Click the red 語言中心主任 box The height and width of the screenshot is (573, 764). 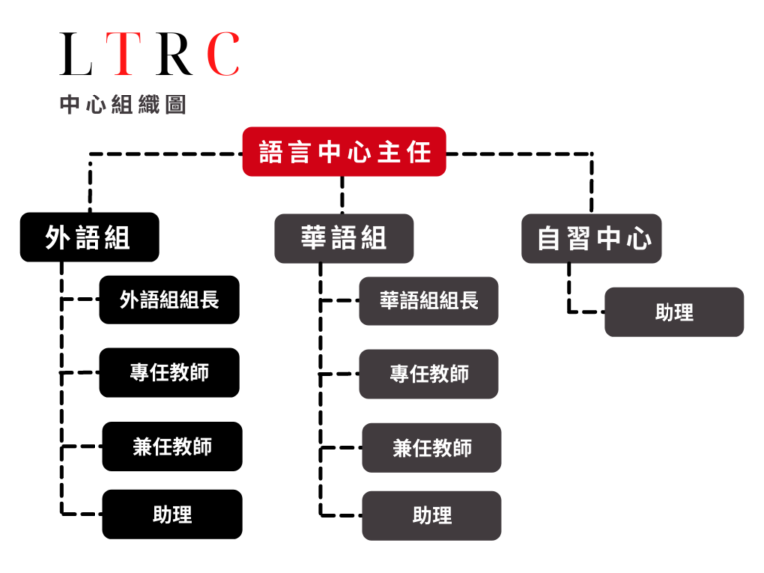[x=344, y=152]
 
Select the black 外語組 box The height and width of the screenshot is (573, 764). [x=90, y=237]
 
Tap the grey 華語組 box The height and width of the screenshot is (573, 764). [x=344, y=239]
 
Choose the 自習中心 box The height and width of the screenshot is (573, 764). [x=592, y=239]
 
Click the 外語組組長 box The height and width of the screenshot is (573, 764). [x=169, y=299]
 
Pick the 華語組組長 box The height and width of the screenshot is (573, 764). [x=429, y=301]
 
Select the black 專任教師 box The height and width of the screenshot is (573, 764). [x=169, y=373]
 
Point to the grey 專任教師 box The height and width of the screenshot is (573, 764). [x=429, y=374]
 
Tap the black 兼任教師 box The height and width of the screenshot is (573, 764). [x=172, y=447]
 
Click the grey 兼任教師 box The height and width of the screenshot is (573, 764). [x=432, y=448]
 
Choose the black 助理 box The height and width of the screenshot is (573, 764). [x=172, y=514]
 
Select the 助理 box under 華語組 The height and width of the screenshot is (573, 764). [x=432, y=516]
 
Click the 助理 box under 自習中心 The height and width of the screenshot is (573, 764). [x=674, y=312]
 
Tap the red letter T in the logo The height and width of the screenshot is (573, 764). [x=124, y=54]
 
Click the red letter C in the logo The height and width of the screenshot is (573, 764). [x=224, y=54]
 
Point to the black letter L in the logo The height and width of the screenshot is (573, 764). [x=76, y=54]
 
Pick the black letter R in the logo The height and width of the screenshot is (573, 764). [x=174, y=54]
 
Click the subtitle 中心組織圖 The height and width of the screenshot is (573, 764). [x=122, y=104]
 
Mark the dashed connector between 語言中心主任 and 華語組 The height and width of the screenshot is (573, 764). [x=342, y=195]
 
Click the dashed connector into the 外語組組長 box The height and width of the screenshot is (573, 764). [x=81, y=299]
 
